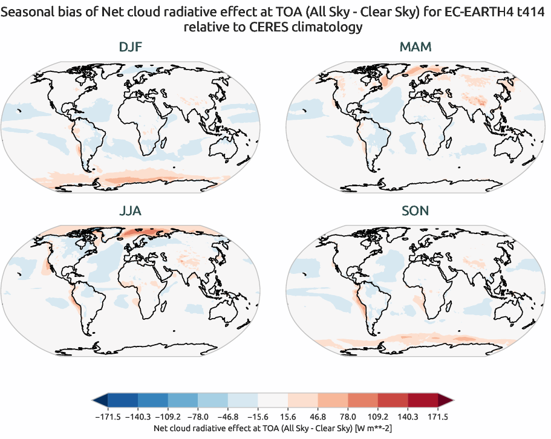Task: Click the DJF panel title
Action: (131, 47)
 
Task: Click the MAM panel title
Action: (416, 47)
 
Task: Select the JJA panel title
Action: (131, 212)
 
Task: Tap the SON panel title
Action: (416, 212)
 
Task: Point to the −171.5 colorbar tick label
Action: (108, 417)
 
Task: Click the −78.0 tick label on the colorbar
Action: (198, 417)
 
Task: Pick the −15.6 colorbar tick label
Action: (258, 417)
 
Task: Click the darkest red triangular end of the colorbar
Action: (446, 400)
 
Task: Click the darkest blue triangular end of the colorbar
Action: (100, 400)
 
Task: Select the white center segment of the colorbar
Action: (273, 400)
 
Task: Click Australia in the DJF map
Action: (226, 146)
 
